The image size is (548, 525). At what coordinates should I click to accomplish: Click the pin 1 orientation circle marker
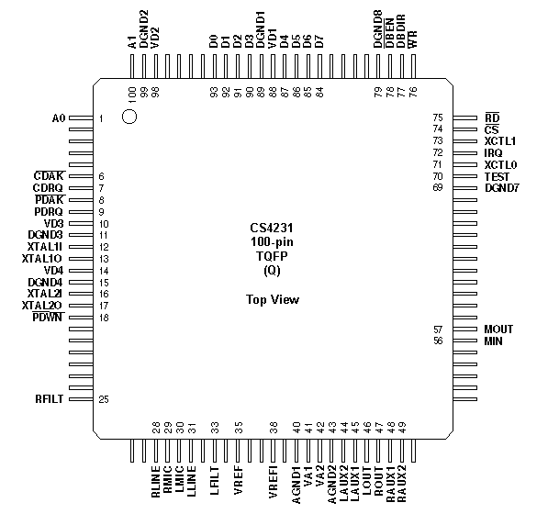click(129, 117)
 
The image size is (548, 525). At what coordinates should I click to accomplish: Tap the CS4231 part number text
click(272, 228)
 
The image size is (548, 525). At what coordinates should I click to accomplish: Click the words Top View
click(273, 299)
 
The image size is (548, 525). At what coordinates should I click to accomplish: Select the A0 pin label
click(59, 118)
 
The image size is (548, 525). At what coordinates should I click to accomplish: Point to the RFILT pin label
click(49, 399)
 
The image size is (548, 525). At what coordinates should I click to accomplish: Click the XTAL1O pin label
click(41, 259)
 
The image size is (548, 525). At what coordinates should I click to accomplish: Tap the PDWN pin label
click(48, 317)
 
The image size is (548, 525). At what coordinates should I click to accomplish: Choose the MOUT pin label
click(498, 330)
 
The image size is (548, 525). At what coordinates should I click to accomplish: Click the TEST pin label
click(497, 176)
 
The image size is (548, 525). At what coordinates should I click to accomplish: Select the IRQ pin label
click(493, 152)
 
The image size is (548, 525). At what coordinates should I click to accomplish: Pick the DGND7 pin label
click(502, 188)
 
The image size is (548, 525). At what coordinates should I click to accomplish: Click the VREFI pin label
click(273, 481)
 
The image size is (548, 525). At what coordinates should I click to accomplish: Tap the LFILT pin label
click(214, 480)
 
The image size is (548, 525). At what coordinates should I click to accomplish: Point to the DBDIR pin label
click(401, 31)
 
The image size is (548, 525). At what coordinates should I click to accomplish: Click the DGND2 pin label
click(143, 28)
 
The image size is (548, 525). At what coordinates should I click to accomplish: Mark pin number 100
click(132, 95)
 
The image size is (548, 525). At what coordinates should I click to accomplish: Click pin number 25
click(104, 399)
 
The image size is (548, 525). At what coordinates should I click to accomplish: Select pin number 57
click(438, 330)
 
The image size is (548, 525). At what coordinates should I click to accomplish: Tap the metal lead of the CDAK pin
click(81, 176)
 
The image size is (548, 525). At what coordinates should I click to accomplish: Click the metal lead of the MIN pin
click(464, 341)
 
